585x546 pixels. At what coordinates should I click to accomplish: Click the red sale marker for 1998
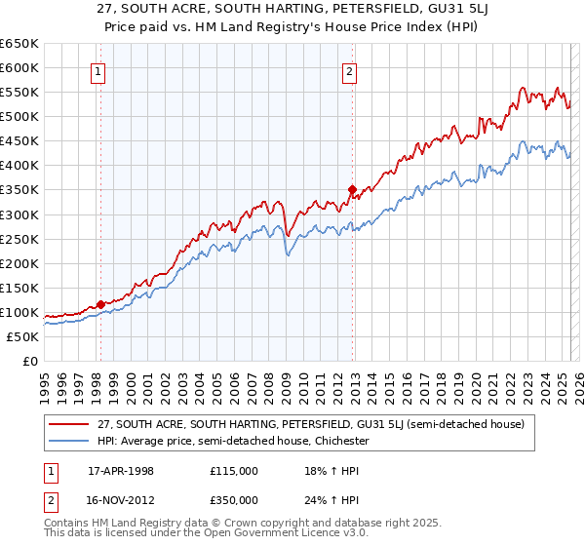pyautogui.click(x=100, y=304)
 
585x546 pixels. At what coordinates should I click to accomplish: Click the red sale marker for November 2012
pyautogui.click(x=352, y=190)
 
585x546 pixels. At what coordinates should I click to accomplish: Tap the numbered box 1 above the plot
pyautogui.click(x=100, y=69)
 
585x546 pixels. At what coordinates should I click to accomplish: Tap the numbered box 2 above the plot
pyautogui.click(x=349, y=69)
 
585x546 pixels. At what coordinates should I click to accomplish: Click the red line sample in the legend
pyautogui.click(x=69, y=424)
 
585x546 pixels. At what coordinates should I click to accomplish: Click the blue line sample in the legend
pyautogui.click(x=69, y=441)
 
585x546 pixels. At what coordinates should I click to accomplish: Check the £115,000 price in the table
pyautogui.click(x=235, y=471)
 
